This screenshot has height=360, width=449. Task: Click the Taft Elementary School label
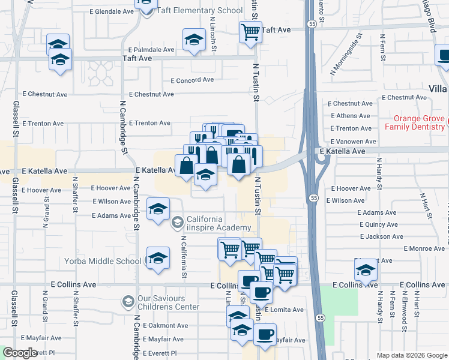(200, 11)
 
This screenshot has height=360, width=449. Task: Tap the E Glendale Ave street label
(112, 11)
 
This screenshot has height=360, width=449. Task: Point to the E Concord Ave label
(192, 80)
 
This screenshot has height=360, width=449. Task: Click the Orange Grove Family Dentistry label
(414, 122)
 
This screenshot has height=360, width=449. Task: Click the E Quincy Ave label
(378, 224)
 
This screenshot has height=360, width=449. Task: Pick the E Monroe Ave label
(424, 248)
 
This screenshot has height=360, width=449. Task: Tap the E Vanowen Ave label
(353, 141)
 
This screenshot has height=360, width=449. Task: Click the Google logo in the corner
(20, 353)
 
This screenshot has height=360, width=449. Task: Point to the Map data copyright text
(412, 355)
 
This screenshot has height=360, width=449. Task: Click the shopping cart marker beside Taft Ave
(250, 31)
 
